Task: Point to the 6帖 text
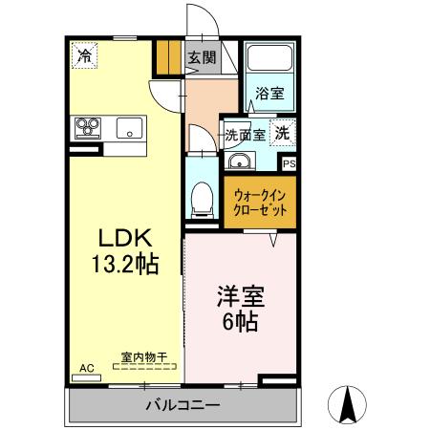click(x=239, y=322)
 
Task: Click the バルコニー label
click(x=183, y=405)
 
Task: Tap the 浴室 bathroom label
click(x=269, y=94)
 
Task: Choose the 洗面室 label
click(x=246, y=134)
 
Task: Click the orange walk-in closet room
click(x=261, y=201)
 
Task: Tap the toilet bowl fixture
click(x=202, y=199)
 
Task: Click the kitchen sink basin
click(x=128, y=126)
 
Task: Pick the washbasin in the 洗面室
click(x=240, y=161)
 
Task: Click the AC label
click(x=86, y=368)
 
